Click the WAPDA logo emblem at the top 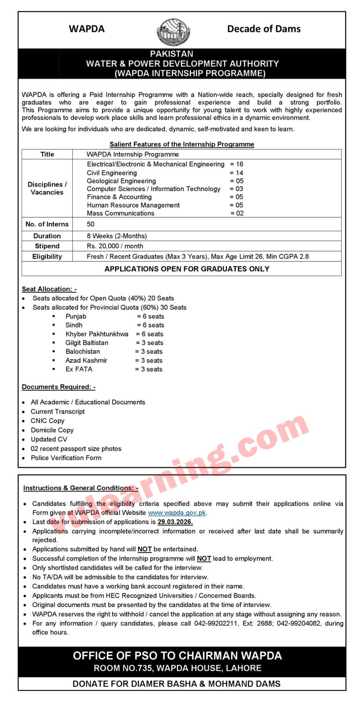point(173,31)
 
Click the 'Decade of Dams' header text point(263,29)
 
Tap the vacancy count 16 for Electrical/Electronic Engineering point(240,164)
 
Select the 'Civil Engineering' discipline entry point(112,172)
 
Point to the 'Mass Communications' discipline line point(120,213)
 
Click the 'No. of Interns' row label point(47,224)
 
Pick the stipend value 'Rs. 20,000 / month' point(115,246)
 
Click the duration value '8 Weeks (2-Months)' point(116,236)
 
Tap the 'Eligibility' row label point(47,256)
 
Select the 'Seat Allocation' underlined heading point(49,289)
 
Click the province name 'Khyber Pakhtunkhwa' point(97,334)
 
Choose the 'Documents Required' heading point(58,387)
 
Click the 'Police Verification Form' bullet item point(66,457)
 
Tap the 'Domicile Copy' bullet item point(52,430)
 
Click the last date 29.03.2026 point(175,522)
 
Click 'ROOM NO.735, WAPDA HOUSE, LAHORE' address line point(177,668)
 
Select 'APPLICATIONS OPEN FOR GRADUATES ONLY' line point(187,269)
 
